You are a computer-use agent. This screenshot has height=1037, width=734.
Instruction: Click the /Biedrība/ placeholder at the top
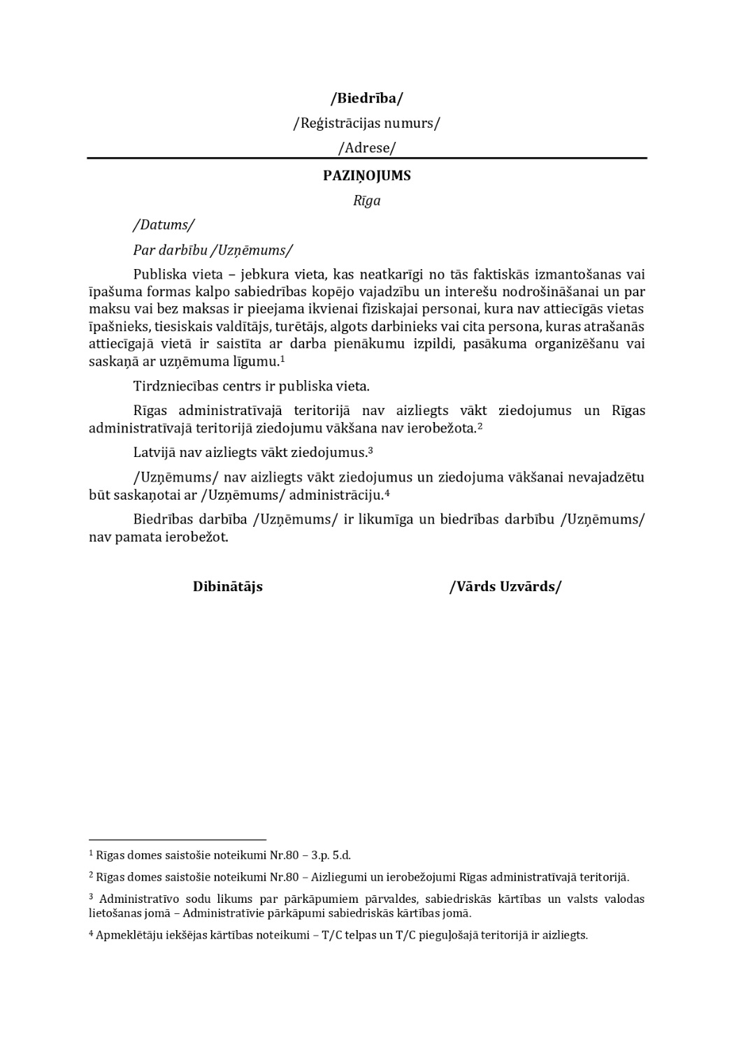click(x=366, y=98)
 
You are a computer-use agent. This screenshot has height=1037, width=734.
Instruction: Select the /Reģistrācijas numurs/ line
click(x=366, y=124)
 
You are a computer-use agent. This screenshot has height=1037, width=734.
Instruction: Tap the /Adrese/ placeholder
click(x=366, y=148)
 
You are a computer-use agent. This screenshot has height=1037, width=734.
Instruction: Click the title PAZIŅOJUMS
click(x=366, y=176)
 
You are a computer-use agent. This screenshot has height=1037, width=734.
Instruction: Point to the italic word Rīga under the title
click(x=366, y=201)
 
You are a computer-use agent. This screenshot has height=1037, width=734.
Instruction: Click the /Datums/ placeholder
click(x=164, y=225)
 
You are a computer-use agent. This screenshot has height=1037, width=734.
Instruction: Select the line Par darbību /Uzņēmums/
click(x=213, y=250)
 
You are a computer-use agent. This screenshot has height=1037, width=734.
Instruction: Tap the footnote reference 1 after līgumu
click(x=282, y=358)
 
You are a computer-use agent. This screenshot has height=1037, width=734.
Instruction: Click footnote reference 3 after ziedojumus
click(x=370, y=450)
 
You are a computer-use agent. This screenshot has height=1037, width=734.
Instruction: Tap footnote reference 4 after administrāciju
click(x=387, y=493)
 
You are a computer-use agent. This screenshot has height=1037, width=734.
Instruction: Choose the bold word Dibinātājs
click(x=228, y=587)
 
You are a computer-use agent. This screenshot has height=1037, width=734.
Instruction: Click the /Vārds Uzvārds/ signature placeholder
click(x=505, y=587)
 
